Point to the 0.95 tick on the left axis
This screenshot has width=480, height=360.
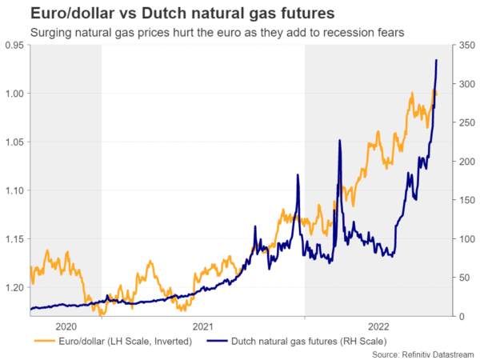[14, 46]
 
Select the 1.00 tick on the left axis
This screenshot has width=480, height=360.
[15, 94]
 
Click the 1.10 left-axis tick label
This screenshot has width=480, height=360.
[15, 190]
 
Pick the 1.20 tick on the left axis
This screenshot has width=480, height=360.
[15, 287]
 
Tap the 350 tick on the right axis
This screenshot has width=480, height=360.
[467, 46]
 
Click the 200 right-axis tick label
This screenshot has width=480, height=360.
[467, 162]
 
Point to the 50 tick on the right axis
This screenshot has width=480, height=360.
[464, 278]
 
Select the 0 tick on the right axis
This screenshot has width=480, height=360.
[462, 317]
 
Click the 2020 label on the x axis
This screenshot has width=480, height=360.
[66, 326]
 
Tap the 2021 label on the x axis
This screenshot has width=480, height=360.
[202, 326]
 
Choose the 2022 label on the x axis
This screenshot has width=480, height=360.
[378, 326]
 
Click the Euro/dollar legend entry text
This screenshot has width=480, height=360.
[126, 341]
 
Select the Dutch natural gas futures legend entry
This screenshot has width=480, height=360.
[309, 341]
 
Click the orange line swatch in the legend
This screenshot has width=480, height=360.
[45, 341]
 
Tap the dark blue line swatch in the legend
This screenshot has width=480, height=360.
[218, 341]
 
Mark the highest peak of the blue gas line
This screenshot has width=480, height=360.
[436, 60]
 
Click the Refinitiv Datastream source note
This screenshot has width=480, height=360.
[423, 355]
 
